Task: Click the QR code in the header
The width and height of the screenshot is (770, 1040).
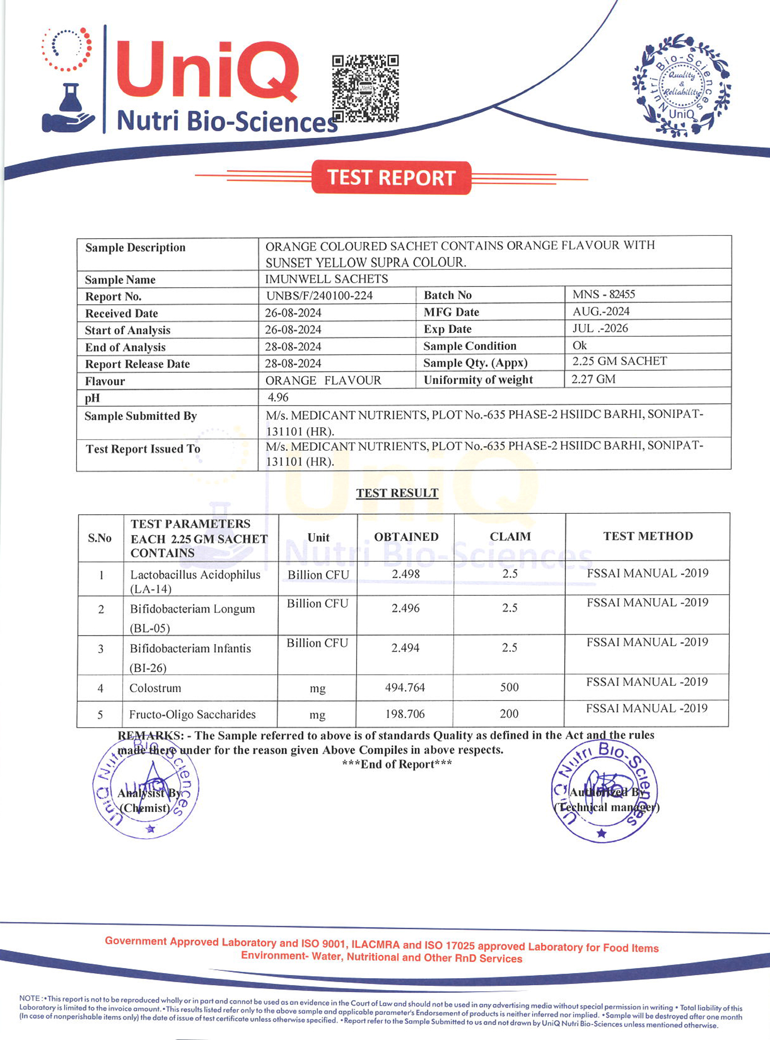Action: [x=365, y=88]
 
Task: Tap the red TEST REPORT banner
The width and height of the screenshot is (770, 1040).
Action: [x=391, y=178]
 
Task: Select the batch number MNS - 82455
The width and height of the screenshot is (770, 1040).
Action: [x=604, y=294]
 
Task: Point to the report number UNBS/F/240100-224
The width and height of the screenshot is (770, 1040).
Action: [x=319, y=295]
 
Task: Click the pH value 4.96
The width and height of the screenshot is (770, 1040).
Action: [x=278, y=397]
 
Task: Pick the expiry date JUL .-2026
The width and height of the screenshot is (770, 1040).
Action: [x=600, y=328]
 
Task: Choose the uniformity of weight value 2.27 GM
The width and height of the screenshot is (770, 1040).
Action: [x=593, y=379]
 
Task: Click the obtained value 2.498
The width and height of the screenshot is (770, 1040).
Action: [x=406, y=574]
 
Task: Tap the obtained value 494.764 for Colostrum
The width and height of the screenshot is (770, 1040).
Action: [x=405, y=687]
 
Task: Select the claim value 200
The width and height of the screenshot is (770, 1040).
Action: [x=509, y=713]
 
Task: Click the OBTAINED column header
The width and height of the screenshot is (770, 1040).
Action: [x=406, y=537]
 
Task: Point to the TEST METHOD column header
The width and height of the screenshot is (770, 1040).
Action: [x=648, y=536]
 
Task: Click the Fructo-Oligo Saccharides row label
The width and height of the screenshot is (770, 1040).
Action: [x=192, y=714]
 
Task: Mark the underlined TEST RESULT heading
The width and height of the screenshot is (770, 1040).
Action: [x=397, y=493]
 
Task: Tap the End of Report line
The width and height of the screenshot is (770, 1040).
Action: [x=397, y=764]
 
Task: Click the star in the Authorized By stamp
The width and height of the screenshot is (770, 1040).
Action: [x=601, y=834]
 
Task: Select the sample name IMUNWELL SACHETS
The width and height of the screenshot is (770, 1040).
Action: [x=327, y=279]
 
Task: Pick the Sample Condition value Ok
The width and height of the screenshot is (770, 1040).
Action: [x=579, y=345]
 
